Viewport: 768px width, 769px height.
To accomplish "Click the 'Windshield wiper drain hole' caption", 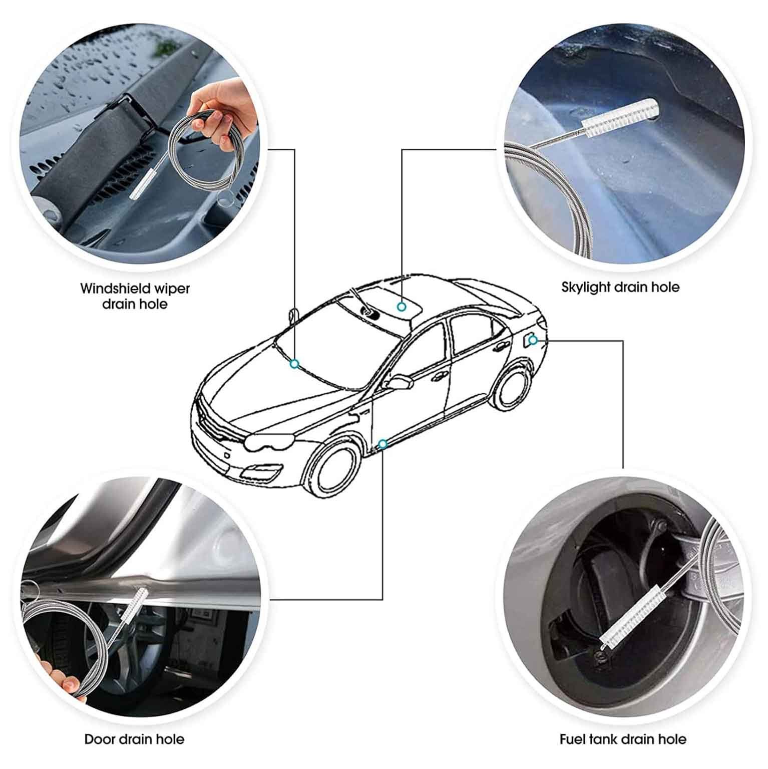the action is point(135,296).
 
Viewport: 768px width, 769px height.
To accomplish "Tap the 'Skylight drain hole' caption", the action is point(620,288).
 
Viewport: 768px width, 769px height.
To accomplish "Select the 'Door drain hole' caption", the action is point(134,739).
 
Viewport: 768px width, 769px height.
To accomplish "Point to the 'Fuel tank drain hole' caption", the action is point(623,739).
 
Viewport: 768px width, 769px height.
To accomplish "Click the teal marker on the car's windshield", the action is point(295,364).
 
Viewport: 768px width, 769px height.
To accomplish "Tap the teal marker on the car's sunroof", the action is point(401,307).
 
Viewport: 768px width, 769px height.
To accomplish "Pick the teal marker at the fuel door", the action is point(533,341).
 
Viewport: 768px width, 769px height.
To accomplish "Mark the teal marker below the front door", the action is point(382,444).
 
